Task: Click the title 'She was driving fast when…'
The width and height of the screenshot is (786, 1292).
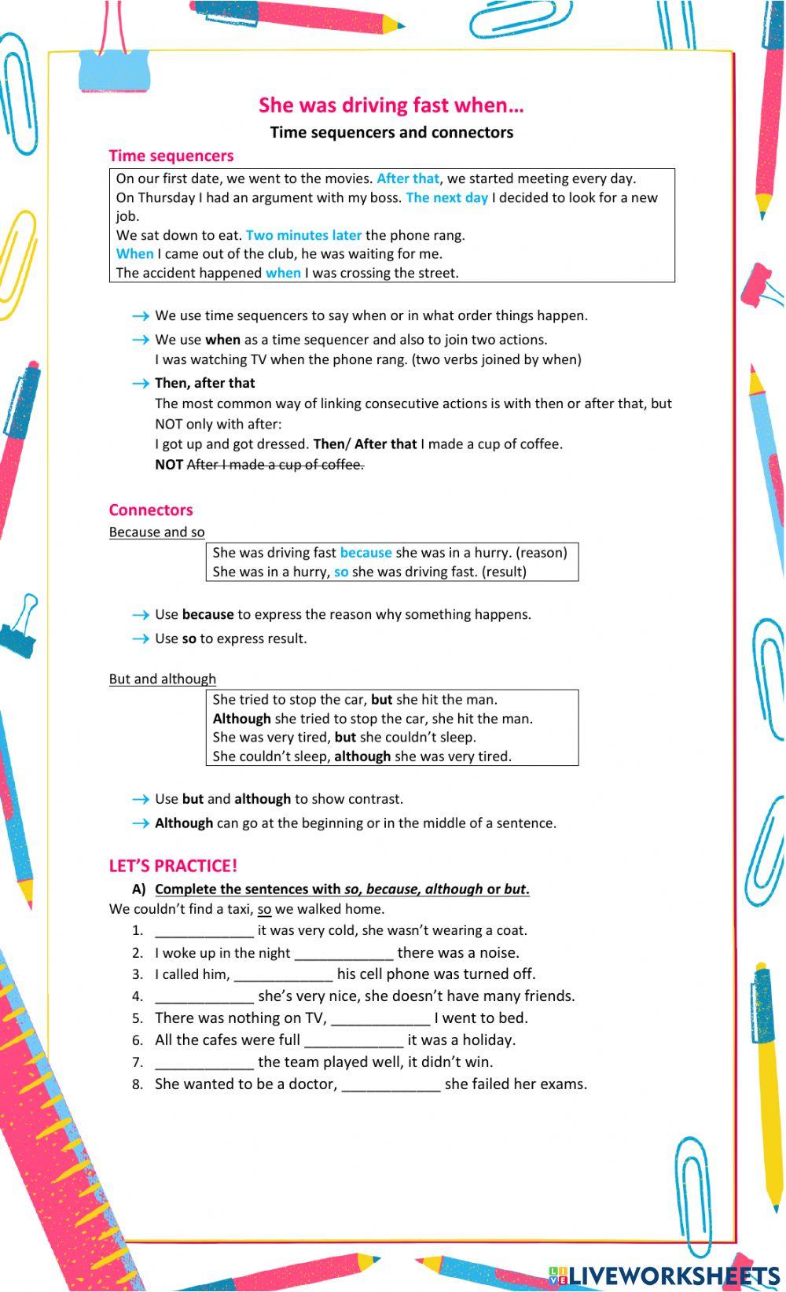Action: (391, 105)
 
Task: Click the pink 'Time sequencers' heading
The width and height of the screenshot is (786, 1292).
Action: (171, 156)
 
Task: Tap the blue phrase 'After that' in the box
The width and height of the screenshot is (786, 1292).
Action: (408, 179)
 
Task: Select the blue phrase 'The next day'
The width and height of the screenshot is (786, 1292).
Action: (446, 197)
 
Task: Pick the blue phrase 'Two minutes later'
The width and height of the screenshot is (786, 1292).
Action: (303, 235)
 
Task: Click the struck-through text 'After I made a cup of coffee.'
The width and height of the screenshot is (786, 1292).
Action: (275, 465)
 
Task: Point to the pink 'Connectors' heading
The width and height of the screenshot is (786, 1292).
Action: (151, 510)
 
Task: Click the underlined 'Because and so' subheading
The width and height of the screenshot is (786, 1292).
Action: (156, 532)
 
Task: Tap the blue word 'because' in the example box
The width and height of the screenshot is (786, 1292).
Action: (365, 553)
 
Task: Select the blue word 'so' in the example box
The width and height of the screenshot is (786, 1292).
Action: (341, 572)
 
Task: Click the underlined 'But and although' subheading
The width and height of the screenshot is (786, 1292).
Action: (162, 679)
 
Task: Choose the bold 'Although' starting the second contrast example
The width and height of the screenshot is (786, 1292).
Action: (241, 719)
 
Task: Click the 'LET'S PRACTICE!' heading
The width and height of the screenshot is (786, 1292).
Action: (173, 866)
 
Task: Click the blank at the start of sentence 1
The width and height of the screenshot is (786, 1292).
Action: (204, 931)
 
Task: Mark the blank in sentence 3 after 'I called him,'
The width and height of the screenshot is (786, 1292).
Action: (284, 975)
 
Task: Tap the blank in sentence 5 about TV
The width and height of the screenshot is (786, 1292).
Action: (380, 1019)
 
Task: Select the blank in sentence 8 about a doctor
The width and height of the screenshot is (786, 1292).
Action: (391, 1085)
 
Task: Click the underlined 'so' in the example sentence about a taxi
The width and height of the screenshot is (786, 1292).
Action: (264, 910)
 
